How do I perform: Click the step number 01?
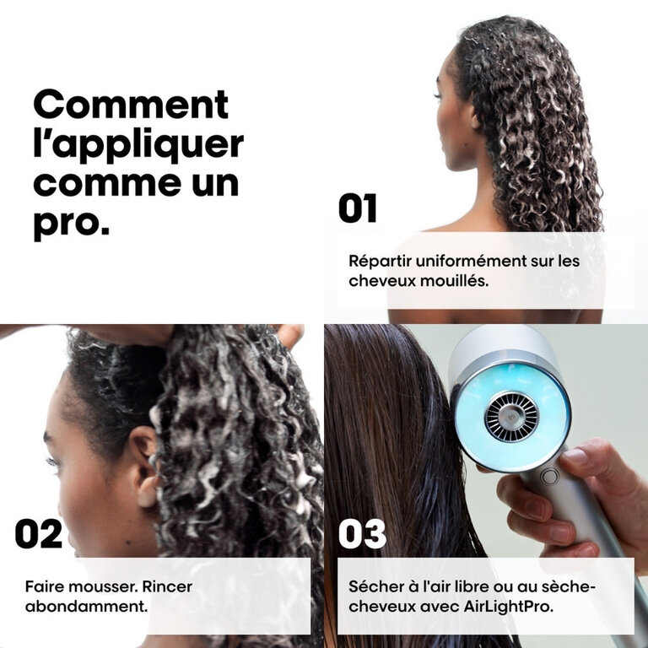click(x=358, y=208)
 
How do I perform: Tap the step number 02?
click(x=39, y=533)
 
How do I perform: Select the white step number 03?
click(x=362, y=533)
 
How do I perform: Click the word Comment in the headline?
click(x=131, y=104)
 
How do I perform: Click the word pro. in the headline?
click(x=72, y=224)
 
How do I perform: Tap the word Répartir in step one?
click(x=381, y=262)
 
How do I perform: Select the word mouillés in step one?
click(x=454, y=281)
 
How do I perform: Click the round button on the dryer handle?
click(x=549, y=477)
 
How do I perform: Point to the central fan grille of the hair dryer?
click(x=511, y=417)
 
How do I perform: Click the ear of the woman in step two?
click(x=143, y=466)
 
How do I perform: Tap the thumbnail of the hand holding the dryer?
click(x=574, y=458)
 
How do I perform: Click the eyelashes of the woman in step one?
click(x=437, y=96)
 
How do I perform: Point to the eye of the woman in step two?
click(x=53, y=462)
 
